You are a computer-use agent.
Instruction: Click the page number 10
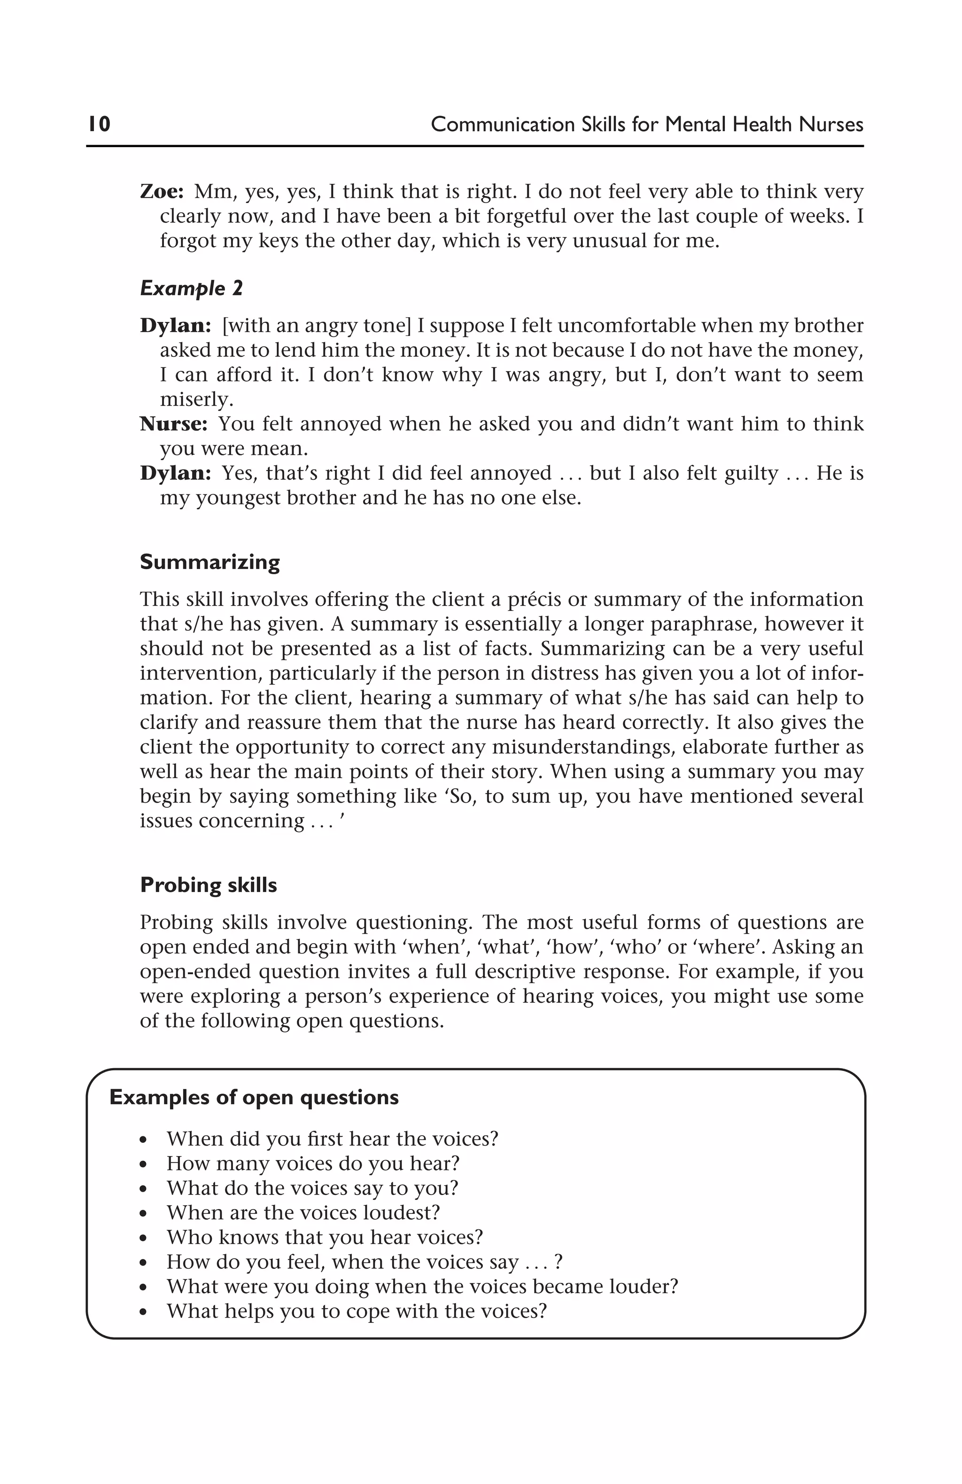pos(99,124)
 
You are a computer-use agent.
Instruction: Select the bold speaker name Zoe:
pos(162,191)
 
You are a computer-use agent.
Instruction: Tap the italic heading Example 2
pos(191,289)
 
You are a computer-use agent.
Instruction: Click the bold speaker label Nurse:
pos(173,424)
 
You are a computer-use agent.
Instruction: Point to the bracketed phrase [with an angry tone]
pos(317,326)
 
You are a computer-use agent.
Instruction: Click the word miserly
pos(196,399)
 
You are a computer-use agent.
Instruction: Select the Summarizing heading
pos(209,562)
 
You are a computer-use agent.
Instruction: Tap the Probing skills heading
pos(208,885)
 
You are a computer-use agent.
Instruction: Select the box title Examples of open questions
pos(254,1097)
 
